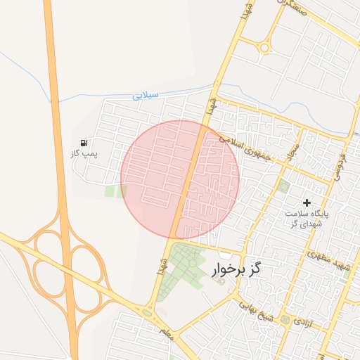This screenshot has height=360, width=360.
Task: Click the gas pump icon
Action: [x=84, y=143]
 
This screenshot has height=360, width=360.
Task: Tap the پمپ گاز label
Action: [x=84, y=153]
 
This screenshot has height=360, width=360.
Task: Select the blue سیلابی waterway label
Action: [x=146, y=95]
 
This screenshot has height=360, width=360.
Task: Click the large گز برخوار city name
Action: [x=236, y=269]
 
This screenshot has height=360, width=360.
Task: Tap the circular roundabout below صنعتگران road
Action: [x=264, y=48]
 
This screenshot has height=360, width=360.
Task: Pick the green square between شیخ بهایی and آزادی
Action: [x=285, y=320]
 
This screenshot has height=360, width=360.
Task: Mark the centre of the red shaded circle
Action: [x=180, y=179]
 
